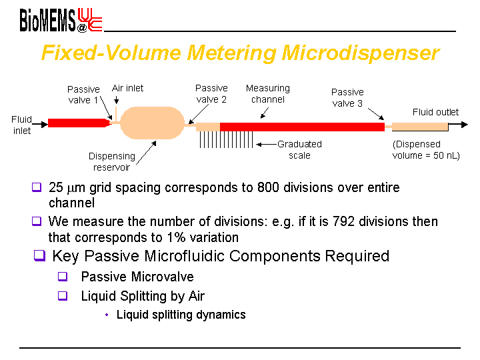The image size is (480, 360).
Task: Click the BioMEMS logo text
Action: [47, 20]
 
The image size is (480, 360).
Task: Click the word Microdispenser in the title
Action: [360, 53]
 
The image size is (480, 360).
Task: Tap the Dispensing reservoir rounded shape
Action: [152, 123]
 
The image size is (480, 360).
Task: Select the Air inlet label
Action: [127, 88]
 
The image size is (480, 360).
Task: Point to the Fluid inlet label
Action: [21, 125]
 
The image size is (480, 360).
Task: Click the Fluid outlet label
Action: [435, 112]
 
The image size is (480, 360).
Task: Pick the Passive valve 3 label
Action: [347, 97]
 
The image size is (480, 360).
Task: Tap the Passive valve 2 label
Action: [211, 94]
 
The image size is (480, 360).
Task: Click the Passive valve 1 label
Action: [83, 95]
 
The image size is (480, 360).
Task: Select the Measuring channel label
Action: [268, 94]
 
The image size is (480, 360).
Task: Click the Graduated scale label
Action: [299, 150]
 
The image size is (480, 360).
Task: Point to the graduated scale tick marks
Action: [226, 139]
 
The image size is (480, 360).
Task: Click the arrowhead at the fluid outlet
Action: [465, 124]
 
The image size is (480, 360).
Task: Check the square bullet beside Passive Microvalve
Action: [63, 277]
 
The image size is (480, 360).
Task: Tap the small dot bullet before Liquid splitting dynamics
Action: [107, 315]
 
